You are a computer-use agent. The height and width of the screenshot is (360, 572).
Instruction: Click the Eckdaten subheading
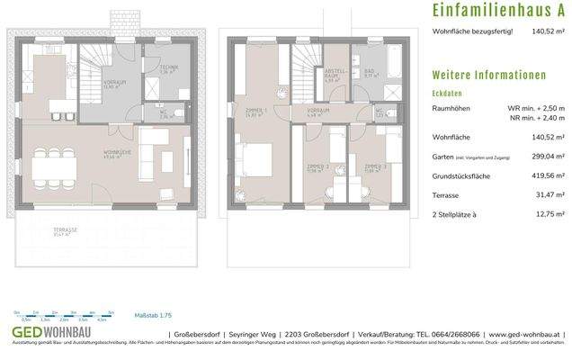click(x=446, y=93)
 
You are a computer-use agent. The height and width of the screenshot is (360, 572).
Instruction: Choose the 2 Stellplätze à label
click(x=456, y=211)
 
